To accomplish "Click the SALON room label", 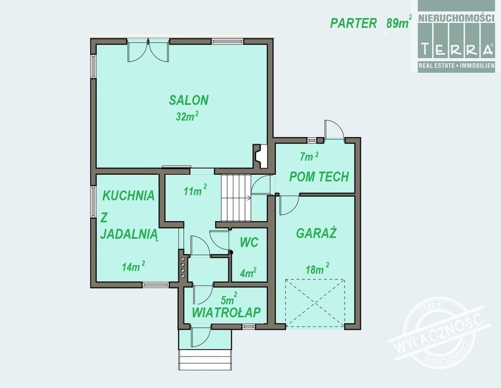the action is [x=189, y=100].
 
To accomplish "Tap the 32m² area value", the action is [x=187, y=116].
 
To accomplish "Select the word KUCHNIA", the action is [x=129, y=196].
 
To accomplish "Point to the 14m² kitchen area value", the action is [x=134, y=266].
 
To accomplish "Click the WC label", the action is [x=249, y=243].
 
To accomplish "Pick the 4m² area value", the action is [x=248, y=273].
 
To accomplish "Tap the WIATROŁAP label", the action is [x=226, y=312].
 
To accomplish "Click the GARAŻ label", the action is [x=316, y=233].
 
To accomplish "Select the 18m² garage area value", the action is [x=317, y=269].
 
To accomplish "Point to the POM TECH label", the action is [x=319, y=177].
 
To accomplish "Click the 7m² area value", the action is [x=309, y=156].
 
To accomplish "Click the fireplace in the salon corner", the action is [x=261, y=156].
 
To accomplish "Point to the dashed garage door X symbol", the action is [x=315, y=303].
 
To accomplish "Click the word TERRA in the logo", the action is [x=456, y=50].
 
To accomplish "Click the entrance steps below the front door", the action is [x=205, y=360].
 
